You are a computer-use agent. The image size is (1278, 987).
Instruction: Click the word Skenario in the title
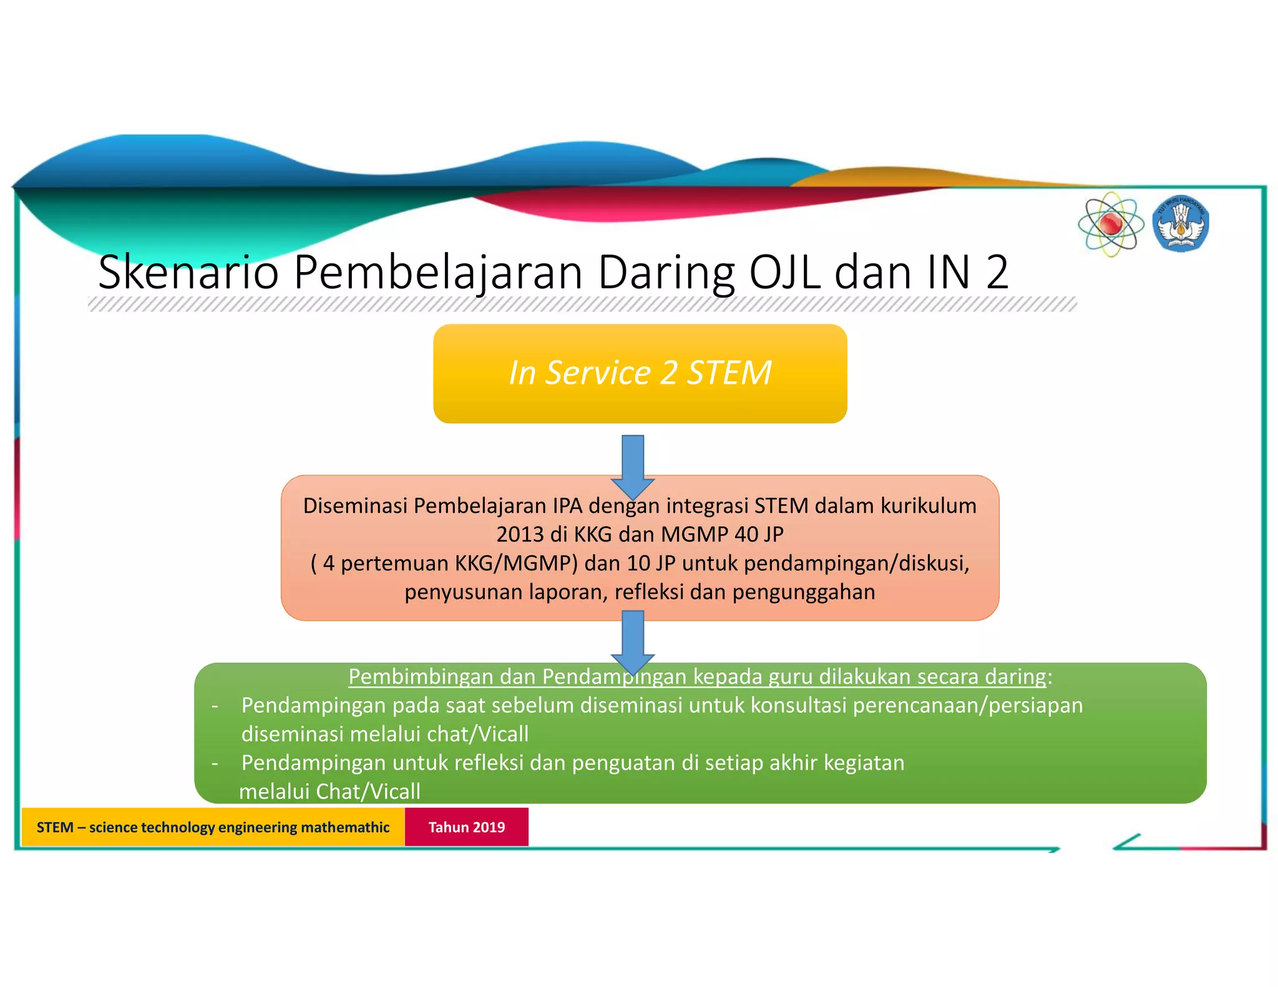click(x=188, y=273)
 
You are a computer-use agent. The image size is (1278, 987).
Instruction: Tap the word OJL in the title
click(x=784, y=273)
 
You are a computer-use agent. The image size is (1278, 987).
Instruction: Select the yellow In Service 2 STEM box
click(x=640, y=373)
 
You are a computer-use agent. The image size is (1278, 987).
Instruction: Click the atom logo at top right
click(x=1111, y=224)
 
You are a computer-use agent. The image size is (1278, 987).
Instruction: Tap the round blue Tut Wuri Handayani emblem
click(x=1181, y=225)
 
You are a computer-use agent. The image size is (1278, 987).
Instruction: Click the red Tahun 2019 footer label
click(x=466, y=827)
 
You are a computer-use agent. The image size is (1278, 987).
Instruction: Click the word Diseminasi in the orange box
click(x=355, y=506)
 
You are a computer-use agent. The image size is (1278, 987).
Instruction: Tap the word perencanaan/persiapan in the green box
click(x=967, y=706)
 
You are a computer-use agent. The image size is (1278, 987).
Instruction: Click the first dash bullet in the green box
click(x=215, y=706)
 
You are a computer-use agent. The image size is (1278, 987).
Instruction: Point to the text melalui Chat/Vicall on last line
click(x=329, y=792)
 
